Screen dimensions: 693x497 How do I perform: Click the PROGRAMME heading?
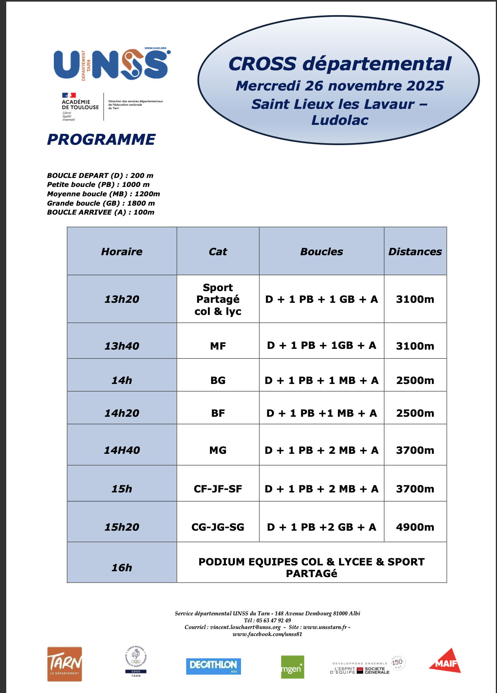coord(101,140)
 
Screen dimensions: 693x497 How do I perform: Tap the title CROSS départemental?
coord(339,64)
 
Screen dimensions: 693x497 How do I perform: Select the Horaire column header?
coord(122,252)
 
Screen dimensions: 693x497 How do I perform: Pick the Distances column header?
coord(415,252)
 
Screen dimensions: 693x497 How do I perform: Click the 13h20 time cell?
coord(122,299)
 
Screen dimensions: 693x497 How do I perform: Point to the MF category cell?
coord(218,346)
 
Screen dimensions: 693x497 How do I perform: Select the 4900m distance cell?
coord(415,527)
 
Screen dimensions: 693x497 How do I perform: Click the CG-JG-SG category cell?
coord(218,527)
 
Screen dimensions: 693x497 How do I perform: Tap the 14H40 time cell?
coord(122,450)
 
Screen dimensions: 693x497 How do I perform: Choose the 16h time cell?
coord(122,568)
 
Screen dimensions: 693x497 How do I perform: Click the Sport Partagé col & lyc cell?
coord(218,299)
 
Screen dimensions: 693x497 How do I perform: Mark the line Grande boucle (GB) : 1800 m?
coord(101,203)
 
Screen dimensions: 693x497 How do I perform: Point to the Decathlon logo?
coord(213,666)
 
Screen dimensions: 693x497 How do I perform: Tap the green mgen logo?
coord(292,667)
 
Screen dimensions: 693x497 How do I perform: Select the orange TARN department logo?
coord(64,664)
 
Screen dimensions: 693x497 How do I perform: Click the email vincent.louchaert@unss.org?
coord(245,627)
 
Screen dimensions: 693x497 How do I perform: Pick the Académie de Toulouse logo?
coord(80,107)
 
